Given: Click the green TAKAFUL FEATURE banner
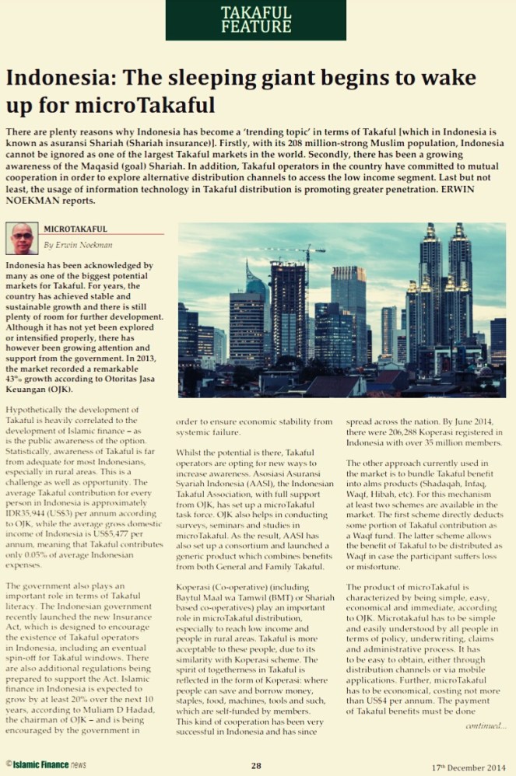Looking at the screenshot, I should coord(255,20).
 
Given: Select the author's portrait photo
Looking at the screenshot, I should coord(23,239).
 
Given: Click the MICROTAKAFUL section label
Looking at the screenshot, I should coord(75,229).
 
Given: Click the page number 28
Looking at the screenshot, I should coord(256,765).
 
